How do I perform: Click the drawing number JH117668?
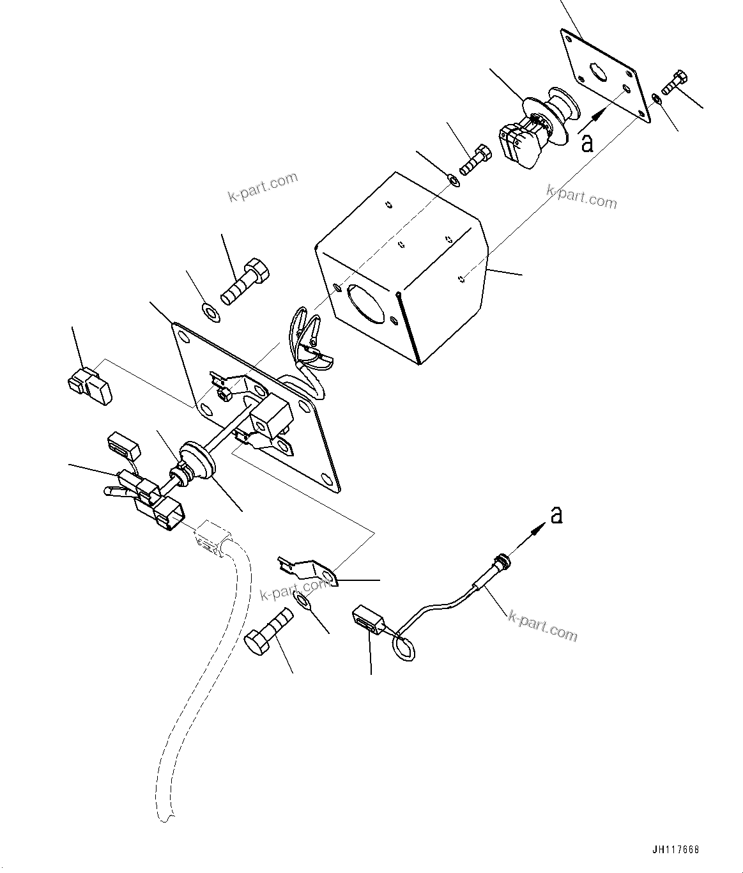tap(676, 850)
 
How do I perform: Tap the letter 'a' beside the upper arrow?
tap(587, 143)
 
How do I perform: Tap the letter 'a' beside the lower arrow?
tap(556, 514)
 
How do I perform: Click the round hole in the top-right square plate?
tap(598, 72)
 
